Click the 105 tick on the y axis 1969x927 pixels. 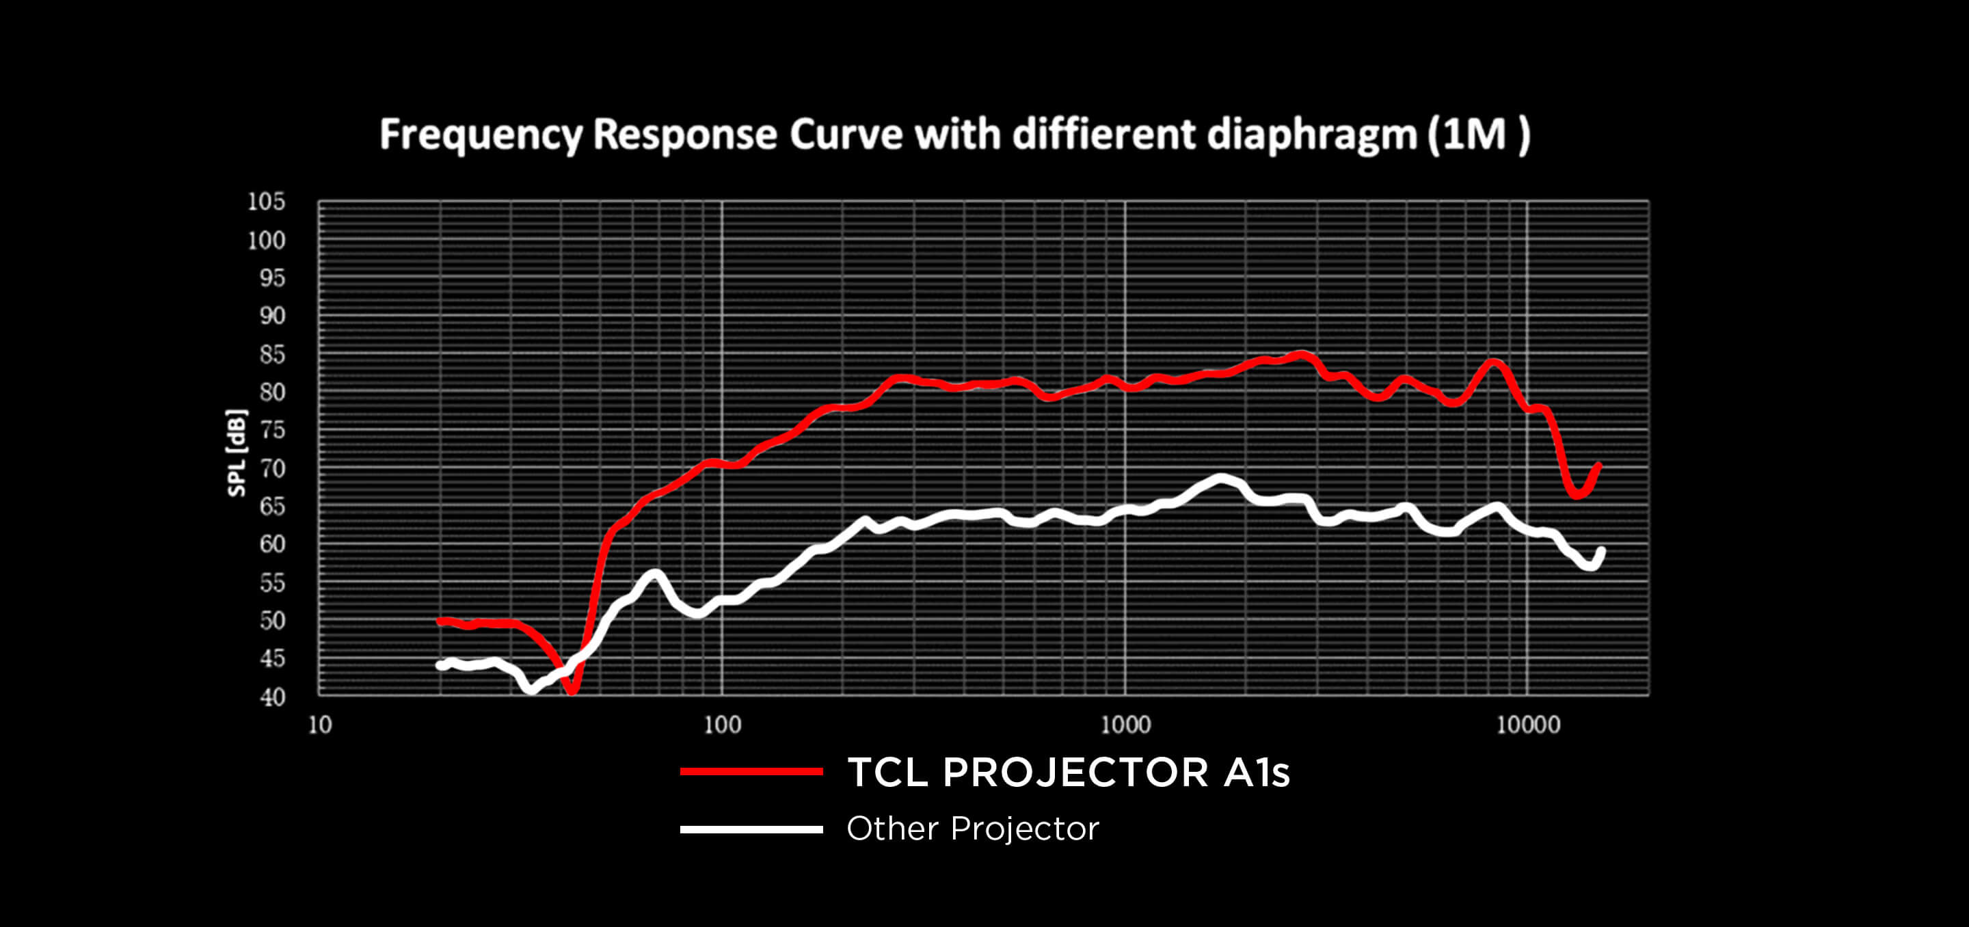(x=266, y=202)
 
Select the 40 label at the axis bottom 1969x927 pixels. (x=272, y=697)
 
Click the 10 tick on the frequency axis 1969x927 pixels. (x=319, y=725)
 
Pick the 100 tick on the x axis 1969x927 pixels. (x=721, y=725)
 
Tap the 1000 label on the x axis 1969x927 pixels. (x=1125, y=725)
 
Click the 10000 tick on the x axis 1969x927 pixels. (x=1527, y=725)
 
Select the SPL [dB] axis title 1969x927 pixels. (x=237, y=453)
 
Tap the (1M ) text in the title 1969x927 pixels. (x=1479, y=135)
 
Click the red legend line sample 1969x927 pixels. (x=751, y=772)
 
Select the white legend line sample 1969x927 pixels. (x=751, y=829)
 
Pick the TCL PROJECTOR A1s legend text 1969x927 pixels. (x=1068, y=772)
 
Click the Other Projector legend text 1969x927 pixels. (x=972, y=829)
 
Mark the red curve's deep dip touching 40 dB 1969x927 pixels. (x=572, y=690)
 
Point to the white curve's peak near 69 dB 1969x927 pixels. (x=1220, y=479)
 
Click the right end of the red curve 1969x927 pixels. (x=1598, y=465)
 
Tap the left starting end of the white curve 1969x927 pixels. (x=440, y=666)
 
